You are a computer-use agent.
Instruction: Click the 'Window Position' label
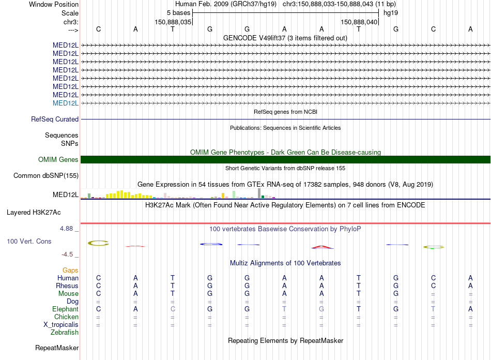54,4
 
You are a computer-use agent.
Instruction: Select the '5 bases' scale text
178,12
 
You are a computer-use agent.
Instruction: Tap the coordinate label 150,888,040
358,22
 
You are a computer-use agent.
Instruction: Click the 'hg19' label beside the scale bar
390,12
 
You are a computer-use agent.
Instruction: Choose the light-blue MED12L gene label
66,103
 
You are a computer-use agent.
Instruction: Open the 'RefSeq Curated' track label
55,119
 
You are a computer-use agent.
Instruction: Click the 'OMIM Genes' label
58,160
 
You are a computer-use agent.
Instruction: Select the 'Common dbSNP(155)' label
46,175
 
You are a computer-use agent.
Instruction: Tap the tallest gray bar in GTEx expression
259,193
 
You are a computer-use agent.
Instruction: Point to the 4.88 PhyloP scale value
70,228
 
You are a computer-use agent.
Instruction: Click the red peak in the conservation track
321,247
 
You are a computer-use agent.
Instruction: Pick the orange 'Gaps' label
70,270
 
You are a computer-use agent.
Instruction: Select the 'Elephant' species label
65,309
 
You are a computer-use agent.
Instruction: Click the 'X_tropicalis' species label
61,324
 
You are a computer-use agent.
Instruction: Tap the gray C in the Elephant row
173,309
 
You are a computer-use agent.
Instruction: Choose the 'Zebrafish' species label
65,332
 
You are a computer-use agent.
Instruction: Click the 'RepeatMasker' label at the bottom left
57,348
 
